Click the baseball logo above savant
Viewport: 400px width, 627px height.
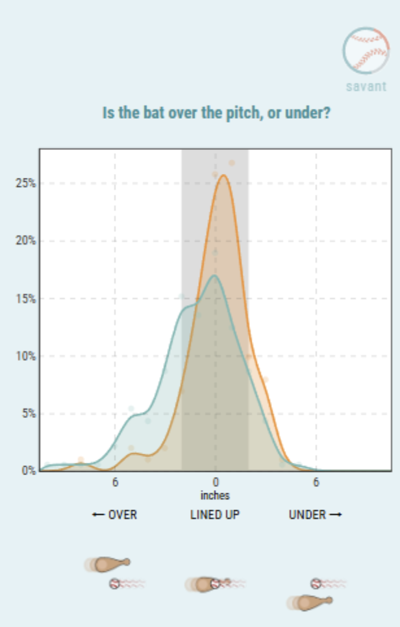pyautogui.click(x=366, y=51)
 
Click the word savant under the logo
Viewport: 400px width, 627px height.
pyautogui.click(x=366, y=86)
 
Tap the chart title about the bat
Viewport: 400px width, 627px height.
pyautogui.click(x=216, y=113)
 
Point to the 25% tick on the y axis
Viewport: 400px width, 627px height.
pyautogui.click(x=25, y=184)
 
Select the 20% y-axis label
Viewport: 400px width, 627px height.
pyautogui.click(x=25, y=241)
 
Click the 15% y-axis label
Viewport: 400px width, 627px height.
pyautogui.click(x=25, y=299)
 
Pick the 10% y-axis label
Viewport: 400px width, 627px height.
pyautogui.click(x=25, y=356)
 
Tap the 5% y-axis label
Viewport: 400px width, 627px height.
pyautogui.click(x=29, y=413)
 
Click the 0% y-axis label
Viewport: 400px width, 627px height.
pyautogui.click(x=29, y=471)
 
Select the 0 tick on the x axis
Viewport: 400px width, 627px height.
pyautogui.click(x=215, y=482)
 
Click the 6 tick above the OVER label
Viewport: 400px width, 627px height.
pyautogui.click(x=115, y=482)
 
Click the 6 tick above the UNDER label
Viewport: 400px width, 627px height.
pyautogui.click(x=316, y=482)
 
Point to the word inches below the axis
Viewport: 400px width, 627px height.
pyautogui.click(x=215, y=495)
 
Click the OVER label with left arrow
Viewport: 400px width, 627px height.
pyautogui.click(x=114, y=515)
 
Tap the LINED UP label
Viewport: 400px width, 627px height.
pyautogui.click(x=215, y=515)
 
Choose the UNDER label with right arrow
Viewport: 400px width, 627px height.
pyautogui.click(x=316, y=515)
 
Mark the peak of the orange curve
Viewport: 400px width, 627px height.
pyautogui.click(x=223, y=175)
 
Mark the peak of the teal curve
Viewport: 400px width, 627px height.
pyautogui.click(x=215, y=275)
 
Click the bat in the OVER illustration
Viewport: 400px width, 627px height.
pyautogui.click(x=107, y=564)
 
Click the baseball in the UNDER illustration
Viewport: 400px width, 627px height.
pyautogui.click(x=316, y=584)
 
